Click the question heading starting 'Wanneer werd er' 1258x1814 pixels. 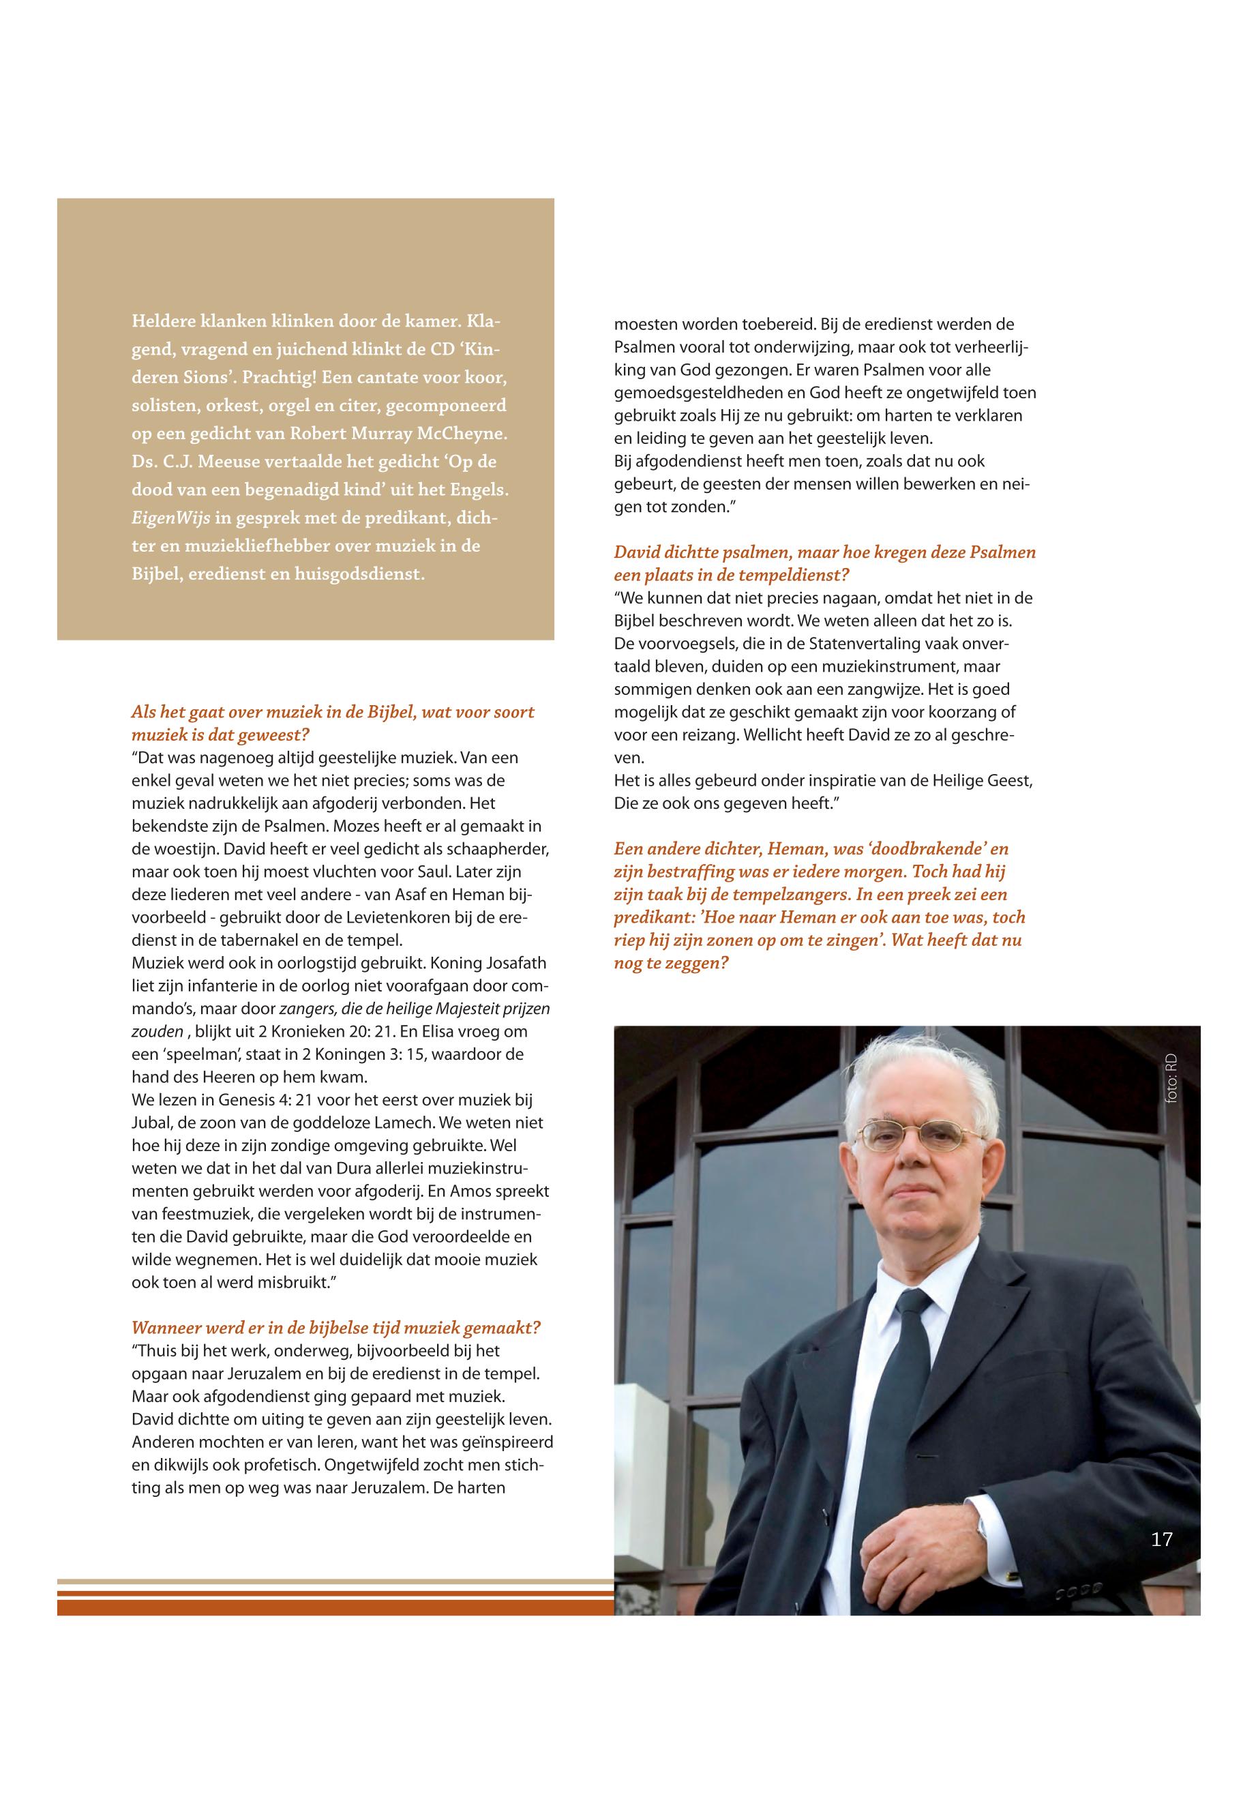tap(335, 1328)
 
